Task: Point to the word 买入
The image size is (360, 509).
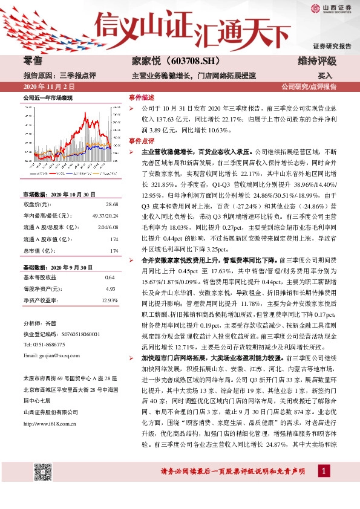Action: [x=325, y=76]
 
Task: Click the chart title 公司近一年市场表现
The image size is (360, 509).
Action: [x=48, y=97]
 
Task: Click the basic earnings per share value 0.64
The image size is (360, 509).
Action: [x=110, y=276]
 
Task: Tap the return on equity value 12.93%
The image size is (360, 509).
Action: [x=110, y=300]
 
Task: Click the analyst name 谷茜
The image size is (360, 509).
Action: [x=50, y=324]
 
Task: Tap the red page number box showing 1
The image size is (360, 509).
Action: [x=325, y=471]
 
